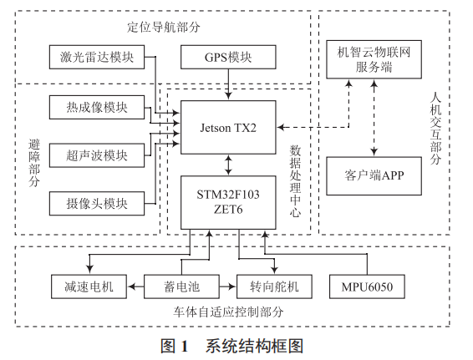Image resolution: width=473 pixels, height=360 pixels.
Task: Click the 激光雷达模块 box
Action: (96, 58)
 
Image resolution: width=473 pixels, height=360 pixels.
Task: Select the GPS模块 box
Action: (228, 58)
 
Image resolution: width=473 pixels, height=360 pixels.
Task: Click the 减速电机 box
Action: (88, 287)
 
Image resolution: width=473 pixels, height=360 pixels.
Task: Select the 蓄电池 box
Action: (181, 287)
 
